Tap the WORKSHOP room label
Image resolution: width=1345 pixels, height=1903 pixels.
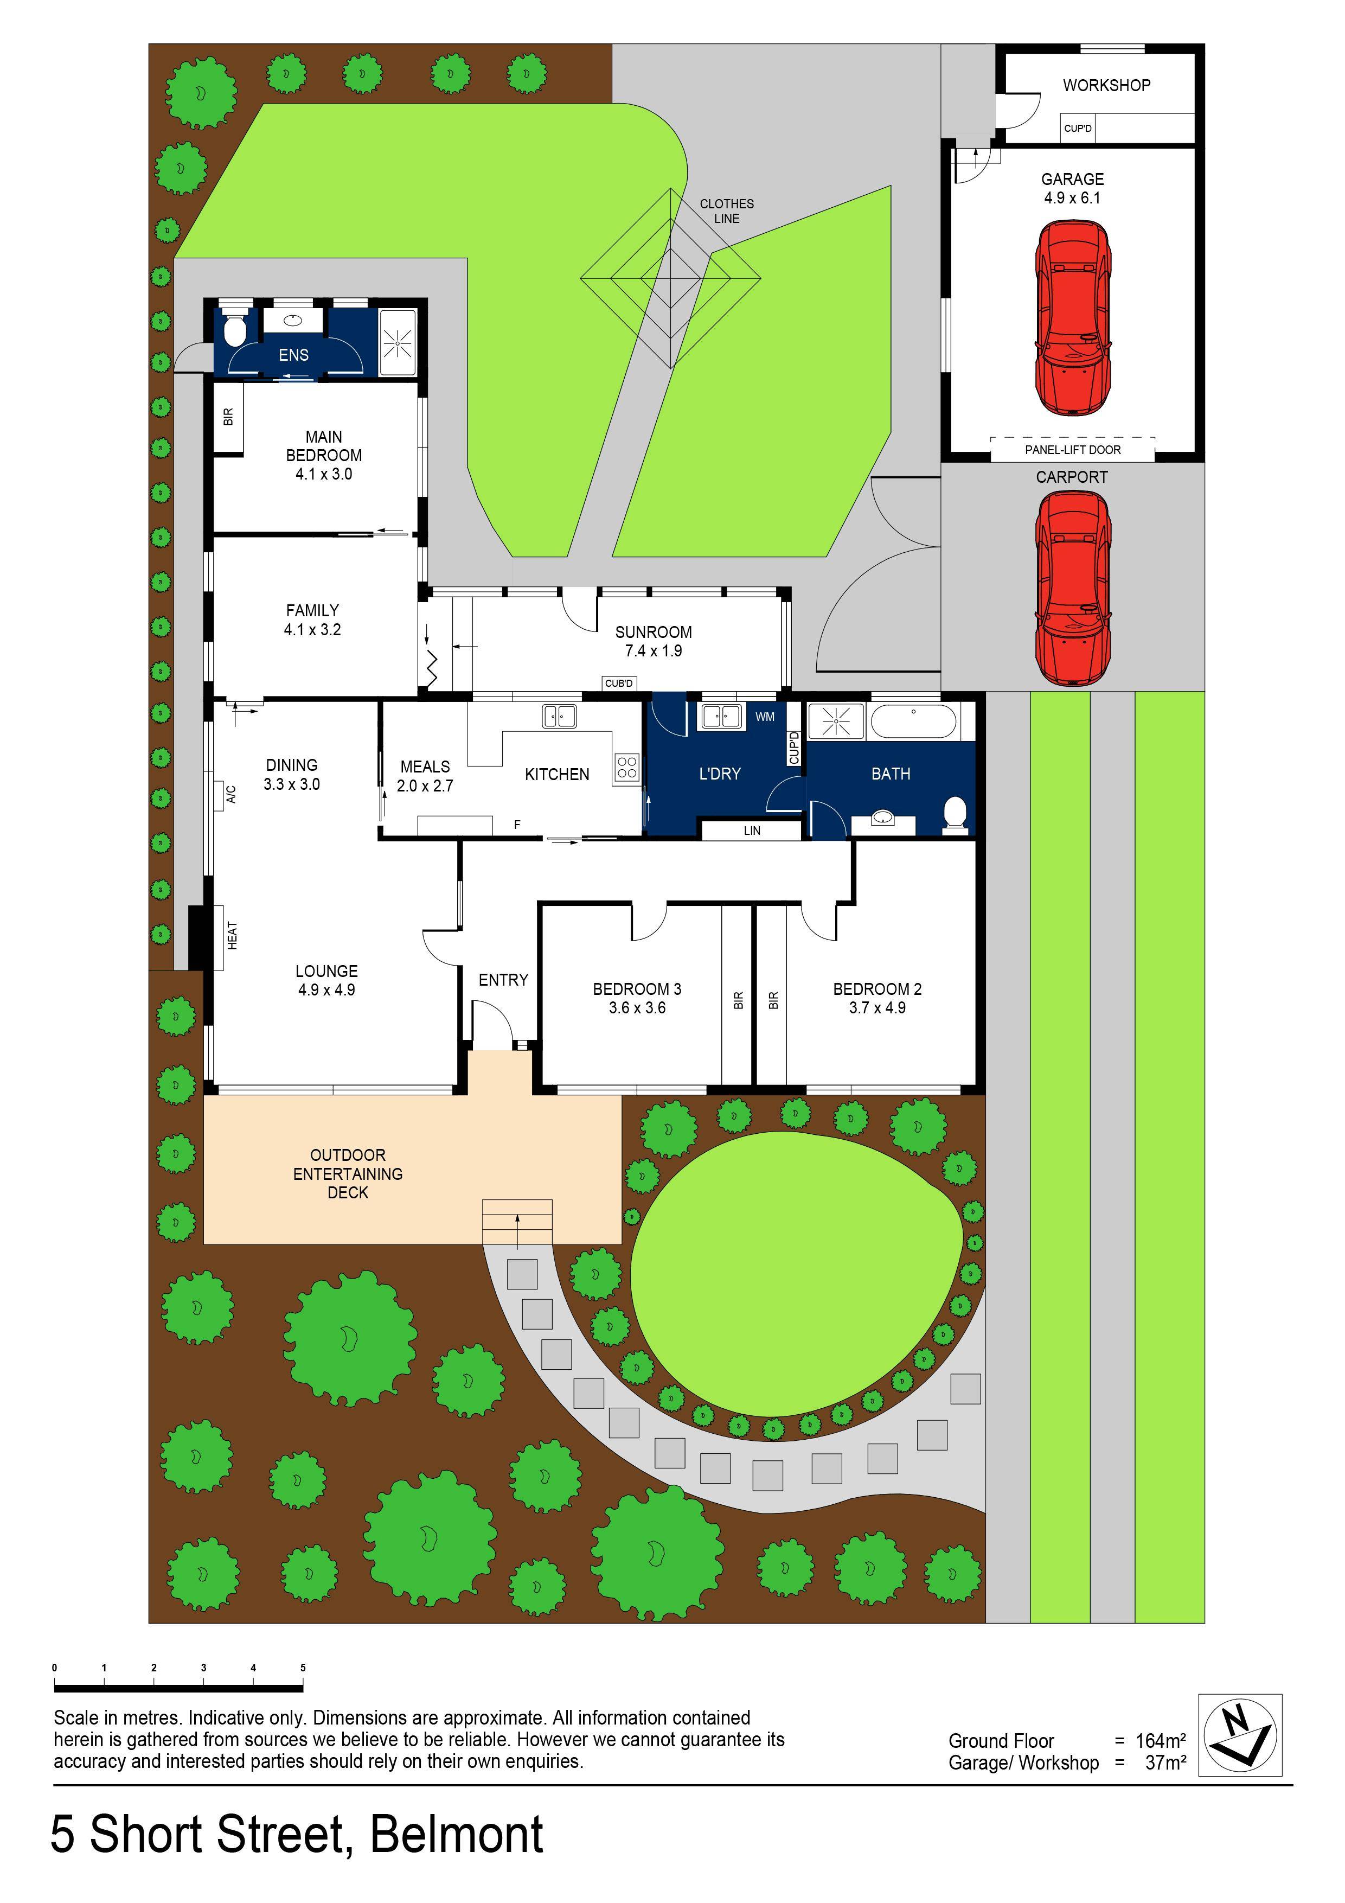[x=1106, y=85]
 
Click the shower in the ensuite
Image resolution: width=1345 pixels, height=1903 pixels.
[x=398, y=341]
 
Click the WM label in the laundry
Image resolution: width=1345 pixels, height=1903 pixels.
[x=765, y=716]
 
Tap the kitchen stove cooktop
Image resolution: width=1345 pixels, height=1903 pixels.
[x=626, y=768]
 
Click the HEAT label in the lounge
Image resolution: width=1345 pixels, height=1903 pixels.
[x=232, y=936]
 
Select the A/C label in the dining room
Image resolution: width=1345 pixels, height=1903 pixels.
[x=232, y=794]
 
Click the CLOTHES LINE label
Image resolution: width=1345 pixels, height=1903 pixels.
[x=727, y=210]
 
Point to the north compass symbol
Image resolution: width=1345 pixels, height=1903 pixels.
[x=1240, y=1735]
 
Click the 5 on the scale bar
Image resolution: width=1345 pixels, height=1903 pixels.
[x=303, y=1668]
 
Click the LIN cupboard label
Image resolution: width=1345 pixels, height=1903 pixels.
[x=752, y=831]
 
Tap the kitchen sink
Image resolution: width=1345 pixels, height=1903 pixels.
[x=559, y=716]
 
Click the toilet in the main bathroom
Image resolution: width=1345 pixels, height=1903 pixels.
[x=956, y=814]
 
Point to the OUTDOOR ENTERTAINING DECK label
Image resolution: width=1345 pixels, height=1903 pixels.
[x=348, y=1173]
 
